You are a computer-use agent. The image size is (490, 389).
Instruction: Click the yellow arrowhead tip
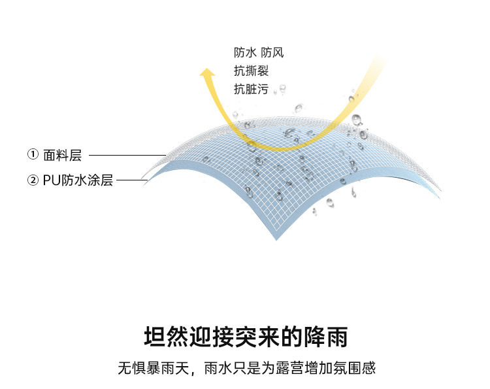[207, 68]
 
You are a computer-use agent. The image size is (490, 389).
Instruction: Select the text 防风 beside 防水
[272, 53]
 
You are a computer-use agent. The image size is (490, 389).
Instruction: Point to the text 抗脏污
[251, 90]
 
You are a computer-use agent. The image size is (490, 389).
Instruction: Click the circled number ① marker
[33, 155]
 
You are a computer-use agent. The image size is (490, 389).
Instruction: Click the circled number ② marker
[33, 180]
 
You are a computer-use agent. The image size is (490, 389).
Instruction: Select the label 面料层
[63, 155]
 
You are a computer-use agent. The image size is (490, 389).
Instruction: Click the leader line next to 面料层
[127, 155]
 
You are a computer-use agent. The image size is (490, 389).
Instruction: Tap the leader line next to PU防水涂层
[131, 180]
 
